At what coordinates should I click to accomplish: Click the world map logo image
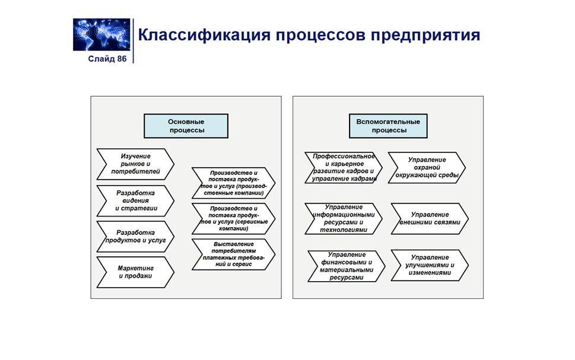coord(101,34)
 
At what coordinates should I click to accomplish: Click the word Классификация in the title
coord(204,34)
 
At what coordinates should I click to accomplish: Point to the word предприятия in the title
coord(425,34)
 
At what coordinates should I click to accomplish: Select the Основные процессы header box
coord(186,126)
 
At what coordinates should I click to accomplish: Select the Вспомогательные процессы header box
coord(388,126)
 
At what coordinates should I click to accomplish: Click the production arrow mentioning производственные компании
coord(233,183)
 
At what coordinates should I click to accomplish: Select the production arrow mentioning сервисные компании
coord(233,218)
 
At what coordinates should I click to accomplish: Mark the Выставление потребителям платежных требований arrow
coord(233,254)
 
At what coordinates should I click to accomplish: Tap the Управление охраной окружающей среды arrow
coord(427,167)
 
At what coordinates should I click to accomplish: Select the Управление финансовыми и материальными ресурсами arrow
coord(345,266)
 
